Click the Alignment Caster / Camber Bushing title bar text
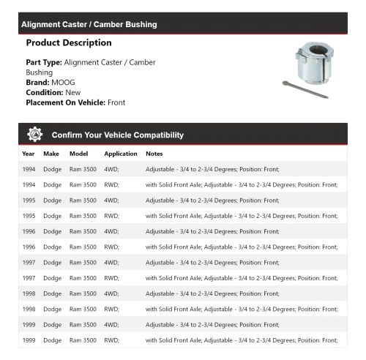coord(89,24)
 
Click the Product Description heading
coord(68,43)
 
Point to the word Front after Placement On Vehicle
coord(116,103)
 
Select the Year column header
coord(28,154)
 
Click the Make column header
coord(51,154)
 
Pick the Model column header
coord(78,154)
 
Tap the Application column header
coord(121,154)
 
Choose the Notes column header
coord(154,154)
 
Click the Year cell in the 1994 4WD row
coord(29,169)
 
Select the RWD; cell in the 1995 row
coord(111,216)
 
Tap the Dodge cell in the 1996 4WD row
coord(52,231)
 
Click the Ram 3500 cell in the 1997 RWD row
coord(83,278)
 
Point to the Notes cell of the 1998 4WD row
coord(212,293)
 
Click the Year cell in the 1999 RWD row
coord(29,340)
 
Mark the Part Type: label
coord(44,62)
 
